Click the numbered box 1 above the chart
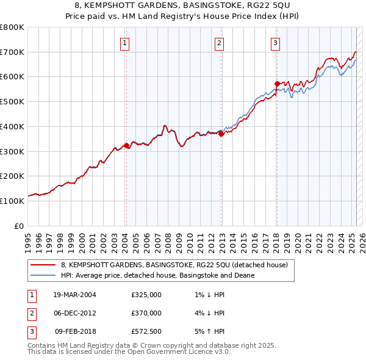tap(124, 43)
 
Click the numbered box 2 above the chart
tap(219, 43)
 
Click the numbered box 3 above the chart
tap(275, 43)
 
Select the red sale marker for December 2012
tap(221, 135)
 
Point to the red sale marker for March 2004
tap(126, 145)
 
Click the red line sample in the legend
tap(43, 265)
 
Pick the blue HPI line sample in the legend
tap(43, 275)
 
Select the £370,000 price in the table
tap(146, 313)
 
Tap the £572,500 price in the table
tap(146, 331)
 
